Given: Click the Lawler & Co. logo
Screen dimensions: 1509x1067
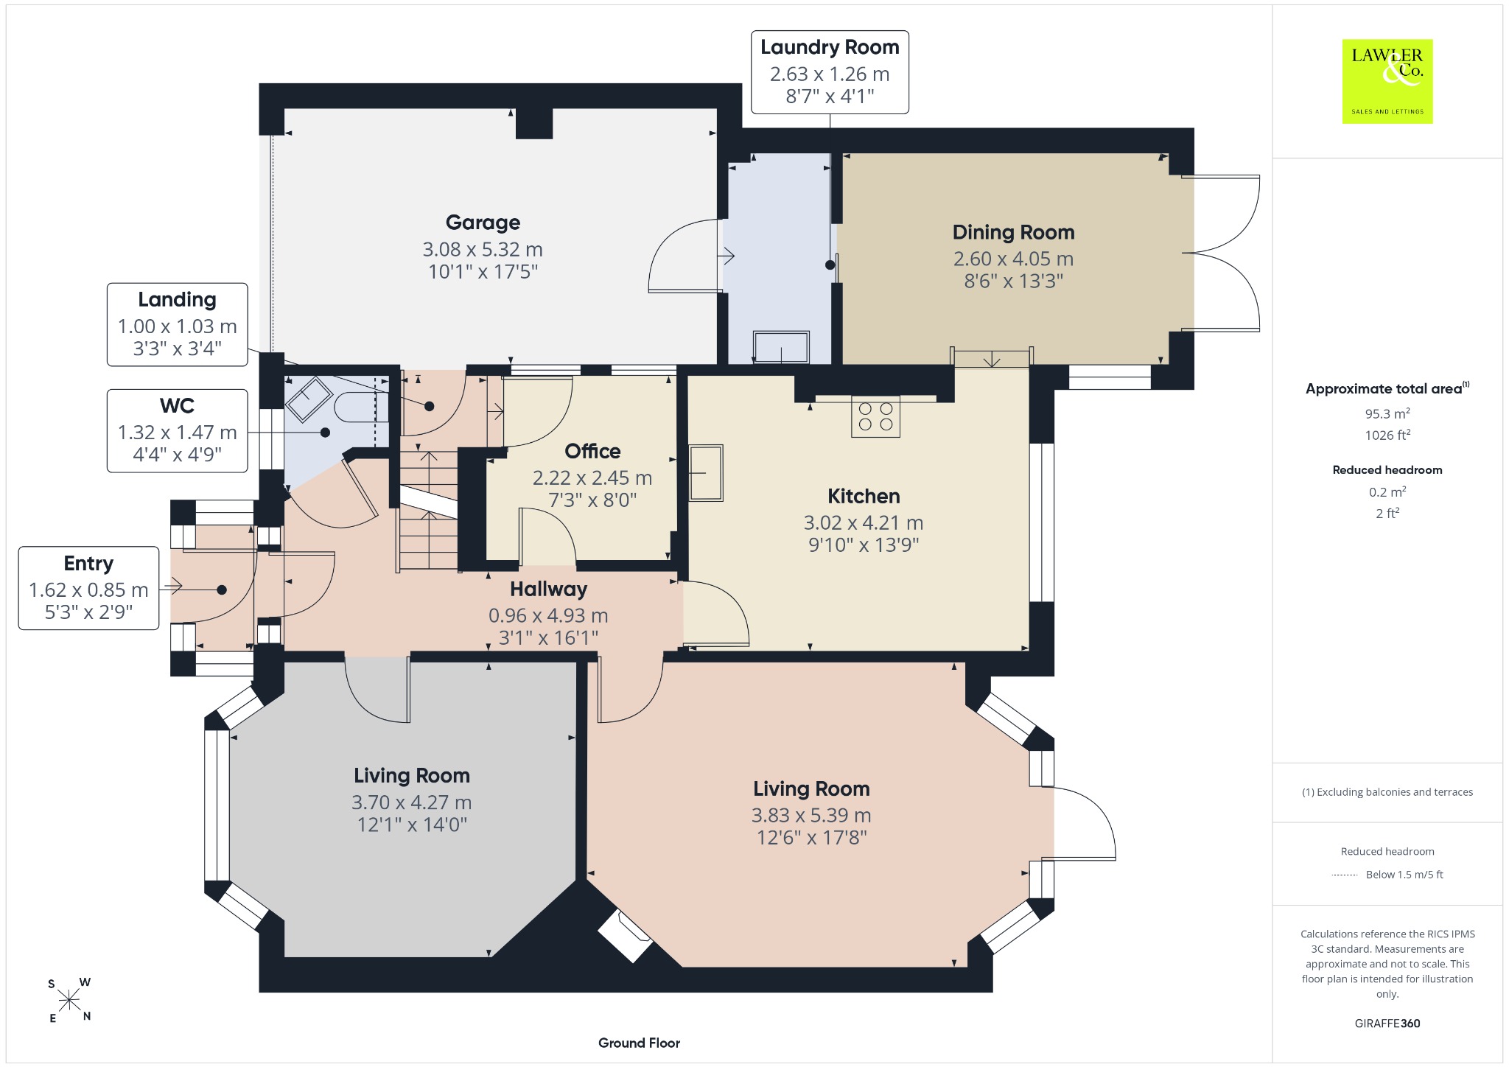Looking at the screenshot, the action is [x=1387, y=81].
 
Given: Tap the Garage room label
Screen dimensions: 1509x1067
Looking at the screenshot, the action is [x=483, y=222].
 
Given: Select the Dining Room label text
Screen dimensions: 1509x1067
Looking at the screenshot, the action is [x=1013, y=232].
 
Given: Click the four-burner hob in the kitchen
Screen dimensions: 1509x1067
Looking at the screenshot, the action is [x=875, y=416].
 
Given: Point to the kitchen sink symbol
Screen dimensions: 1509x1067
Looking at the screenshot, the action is [x=706, y=473].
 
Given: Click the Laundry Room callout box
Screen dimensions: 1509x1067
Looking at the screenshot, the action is [x=830, y=72].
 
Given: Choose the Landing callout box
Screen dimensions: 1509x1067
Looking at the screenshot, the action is [x=177, y=324].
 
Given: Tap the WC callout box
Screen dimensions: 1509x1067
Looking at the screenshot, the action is [x=177, y=430].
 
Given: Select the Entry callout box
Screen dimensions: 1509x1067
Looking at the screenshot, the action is [x=88, y=588].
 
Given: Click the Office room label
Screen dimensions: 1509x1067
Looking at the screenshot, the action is [x=592, y=451].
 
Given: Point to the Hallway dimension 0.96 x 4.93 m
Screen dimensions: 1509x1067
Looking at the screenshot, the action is [x=548, y=615].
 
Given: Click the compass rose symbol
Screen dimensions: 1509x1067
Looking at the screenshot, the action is [x=69, y=1000].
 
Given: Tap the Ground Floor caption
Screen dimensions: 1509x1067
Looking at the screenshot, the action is [x=639, y=1043].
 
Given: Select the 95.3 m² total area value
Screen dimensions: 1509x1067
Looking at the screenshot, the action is [x=1387, y=413].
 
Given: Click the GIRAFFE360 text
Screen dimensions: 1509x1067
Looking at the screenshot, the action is [x=1387, y=1023].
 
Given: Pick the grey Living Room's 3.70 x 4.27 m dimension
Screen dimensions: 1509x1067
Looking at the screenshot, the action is [x=411, y=802].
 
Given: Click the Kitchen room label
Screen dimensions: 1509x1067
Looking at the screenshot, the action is [x=864, y=496].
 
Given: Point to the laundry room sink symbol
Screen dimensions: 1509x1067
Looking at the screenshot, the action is [x=781, y=347].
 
